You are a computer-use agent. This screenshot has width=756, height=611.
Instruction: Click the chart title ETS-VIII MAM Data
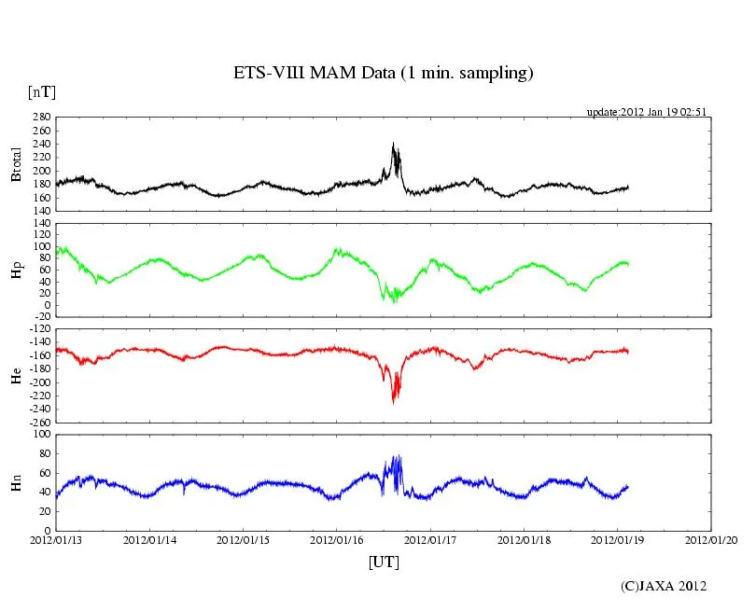[383, 74]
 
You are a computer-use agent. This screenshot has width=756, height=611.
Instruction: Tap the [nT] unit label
[41, 91]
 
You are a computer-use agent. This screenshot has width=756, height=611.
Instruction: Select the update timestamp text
[646, 112]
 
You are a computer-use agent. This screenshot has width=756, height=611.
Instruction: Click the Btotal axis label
[16, 164]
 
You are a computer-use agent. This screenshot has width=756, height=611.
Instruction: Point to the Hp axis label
[16, 270]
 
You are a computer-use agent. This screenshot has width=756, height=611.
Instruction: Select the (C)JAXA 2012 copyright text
[664, 586]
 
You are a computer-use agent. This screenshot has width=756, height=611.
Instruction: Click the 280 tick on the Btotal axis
[39, 118]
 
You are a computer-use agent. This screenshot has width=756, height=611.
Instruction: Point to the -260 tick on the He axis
[37, 422]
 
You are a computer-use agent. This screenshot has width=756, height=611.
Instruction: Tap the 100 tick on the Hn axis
[39, 435]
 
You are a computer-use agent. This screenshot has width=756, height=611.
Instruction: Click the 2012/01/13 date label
[55, 540]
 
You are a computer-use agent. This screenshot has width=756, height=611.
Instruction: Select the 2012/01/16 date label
[337, 540]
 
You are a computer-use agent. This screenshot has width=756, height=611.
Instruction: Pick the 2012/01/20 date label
[711, 540]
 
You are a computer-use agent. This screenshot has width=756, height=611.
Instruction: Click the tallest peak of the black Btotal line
[393, 143]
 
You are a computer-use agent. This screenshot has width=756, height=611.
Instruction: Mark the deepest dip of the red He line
[394, 402]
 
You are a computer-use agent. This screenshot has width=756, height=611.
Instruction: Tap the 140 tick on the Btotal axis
[39, 211]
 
